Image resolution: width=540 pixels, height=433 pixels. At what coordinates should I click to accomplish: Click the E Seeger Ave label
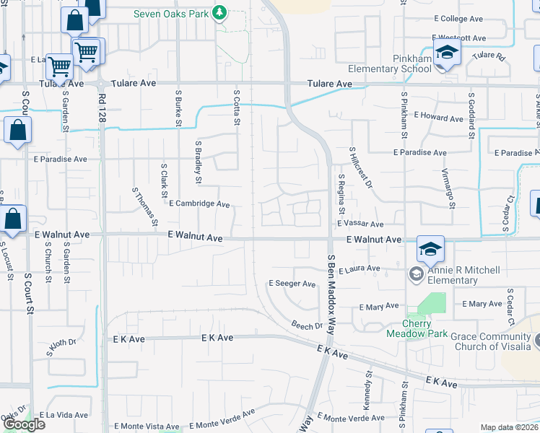[x=292, y=284]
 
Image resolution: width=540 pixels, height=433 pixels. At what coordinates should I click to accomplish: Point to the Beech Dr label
[x=308, y=325]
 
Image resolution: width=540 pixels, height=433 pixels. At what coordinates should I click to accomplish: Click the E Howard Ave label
[x=440, y=118]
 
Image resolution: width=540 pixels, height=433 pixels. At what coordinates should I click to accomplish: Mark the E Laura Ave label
[x=357, y=268]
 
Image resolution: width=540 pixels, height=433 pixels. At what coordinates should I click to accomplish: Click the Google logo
[x=24, y=424]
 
